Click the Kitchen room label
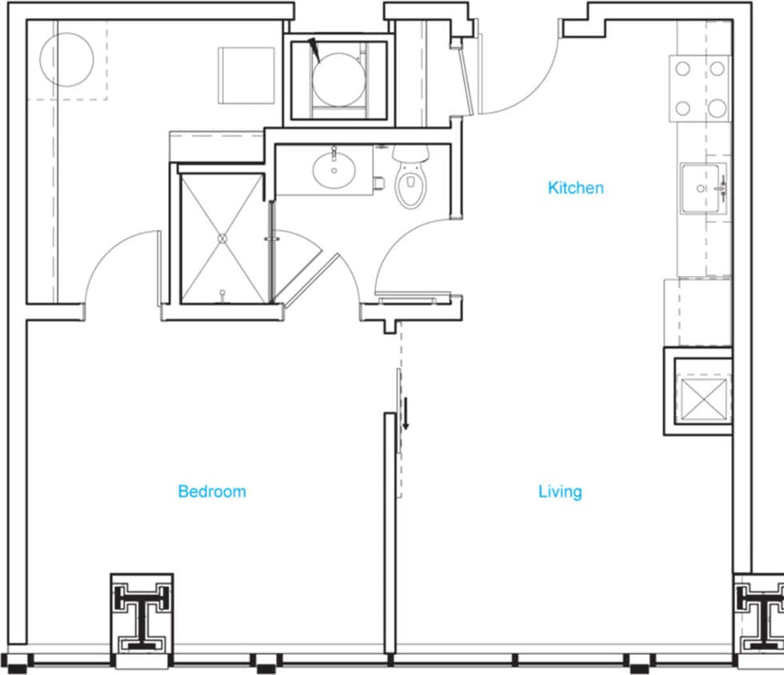[575, 188]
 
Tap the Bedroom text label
[211, 491]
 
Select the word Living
[559, 491]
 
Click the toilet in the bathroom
[411, 181]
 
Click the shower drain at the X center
[222, 238]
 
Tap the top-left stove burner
[682, 69]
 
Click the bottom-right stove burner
[718, 107]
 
